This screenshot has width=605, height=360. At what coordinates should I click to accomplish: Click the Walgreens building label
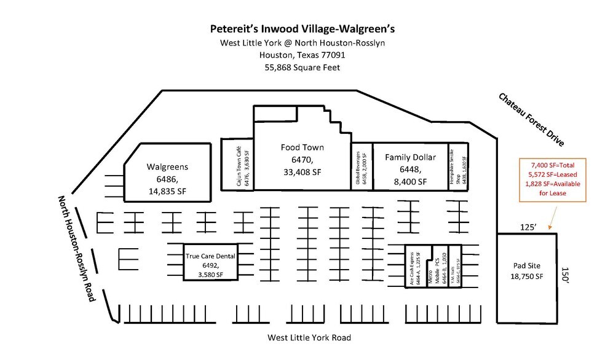[x=167, y=166]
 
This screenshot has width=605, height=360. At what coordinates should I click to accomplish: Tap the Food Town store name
[x=302, y=147]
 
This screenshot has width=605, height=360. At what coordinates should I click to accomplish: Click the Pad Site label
[x=527, y=266]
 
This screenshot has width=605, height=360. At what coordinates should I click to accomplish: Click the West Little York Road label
[x=309, y=337]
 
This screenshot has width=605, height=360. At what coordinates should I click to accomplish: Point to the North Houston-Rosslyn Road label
[x=77, y=248]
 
